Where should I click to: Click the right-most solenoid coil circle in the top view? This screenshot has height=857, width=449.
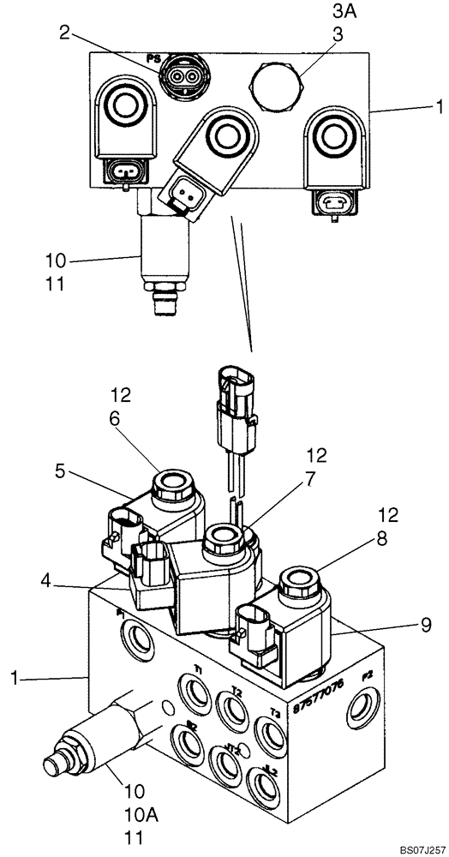(x=330, y=136)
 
